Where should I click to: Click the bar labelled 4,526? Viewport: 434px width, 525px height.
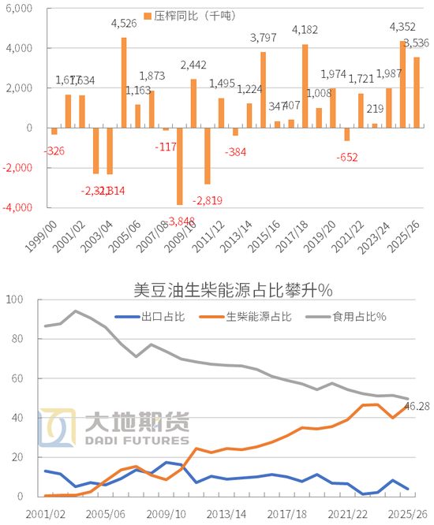pyautogui.click(x=124, y=83)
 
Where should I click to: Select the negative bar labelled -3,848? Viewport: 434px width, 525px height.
pyautogui.click(x=180, y=166)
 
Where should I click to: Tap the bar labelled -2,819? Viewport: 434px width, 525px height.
pyautogui.click(x=208, y=155)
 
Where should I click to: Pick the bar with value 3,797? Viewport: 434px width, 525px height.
pyautogui.click(x=263, y=90)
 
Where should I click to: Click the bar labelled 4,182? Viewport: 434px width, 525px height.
pyautogui.click(x=305, y=86)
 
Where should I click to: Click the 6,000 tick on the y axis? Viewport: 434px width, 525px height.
pyautogui.click(x=18, y=9)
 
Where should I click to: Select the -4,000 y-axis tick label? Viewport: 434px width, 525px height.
pyautogui.click(x=17, y=207)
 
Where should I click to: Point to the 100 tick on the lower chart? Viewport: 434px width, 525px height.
pyautogui.click(x=15, y=300)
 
